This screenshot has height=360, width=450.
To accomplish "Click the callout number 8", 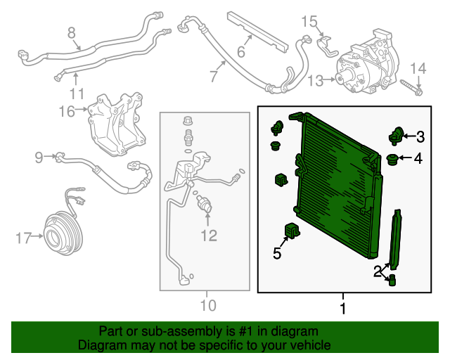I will click(72, 32).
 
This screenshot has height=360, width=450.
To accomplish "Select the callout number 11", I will click(77, 93).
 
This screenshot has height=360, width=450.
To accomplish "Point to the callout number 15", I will click(309, 21).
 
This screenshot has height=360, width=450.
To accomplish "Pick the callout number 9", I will click(39, 157).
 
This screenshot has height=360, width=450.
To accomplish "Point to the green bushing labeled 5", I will click(290, 230).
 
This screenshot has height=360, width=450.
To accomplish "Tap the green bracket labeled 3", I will click(397, 134).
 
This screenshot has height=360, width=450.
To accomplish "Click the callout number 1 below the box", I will click(343, 308).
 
